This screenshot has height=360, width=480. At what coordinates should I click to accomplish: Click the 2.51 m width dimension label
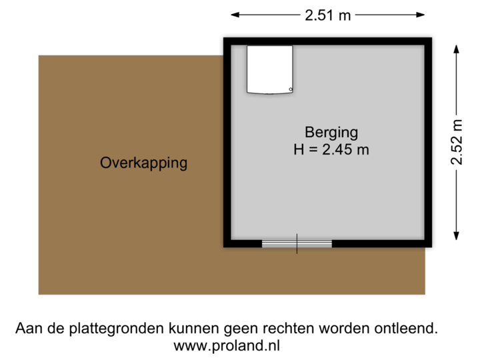tap(328, 15)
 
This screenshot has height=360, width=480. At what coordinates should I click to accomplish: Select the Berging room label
tap(331, 131)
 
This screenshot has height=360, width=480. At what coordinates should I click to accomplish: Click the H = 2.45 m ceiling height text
tap(331, 149)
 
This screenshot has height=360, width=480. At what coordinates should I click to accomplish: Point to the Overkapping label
tap(143, 162)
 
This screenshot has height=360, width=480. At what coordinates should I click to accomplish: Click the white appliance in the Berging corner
tap(269, 69)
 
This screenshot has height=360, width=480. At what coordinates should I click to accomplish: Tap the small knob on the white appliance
tap(290, 89)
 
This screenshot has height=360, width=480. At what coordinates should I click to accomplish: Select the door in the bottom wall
tap(297, 244)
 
